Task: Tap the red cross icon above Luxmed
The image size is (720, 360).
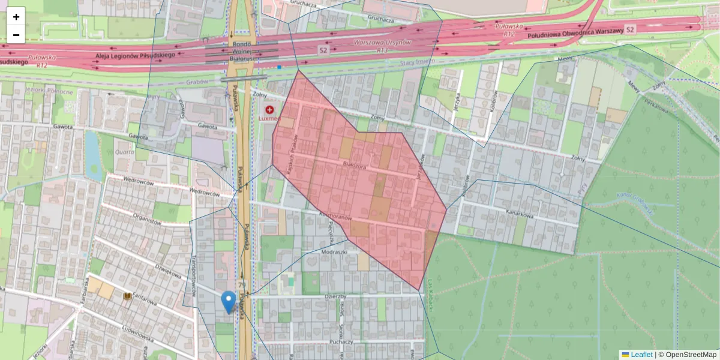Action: click(269, 110)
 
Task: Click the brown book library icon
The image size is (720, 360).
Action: click(127, 296)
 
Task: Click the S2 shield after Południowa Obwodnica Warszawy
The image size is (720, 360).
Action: click(629, 29)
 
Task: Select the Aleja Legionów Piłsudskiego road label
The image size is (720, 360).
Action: click(135, 56)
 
